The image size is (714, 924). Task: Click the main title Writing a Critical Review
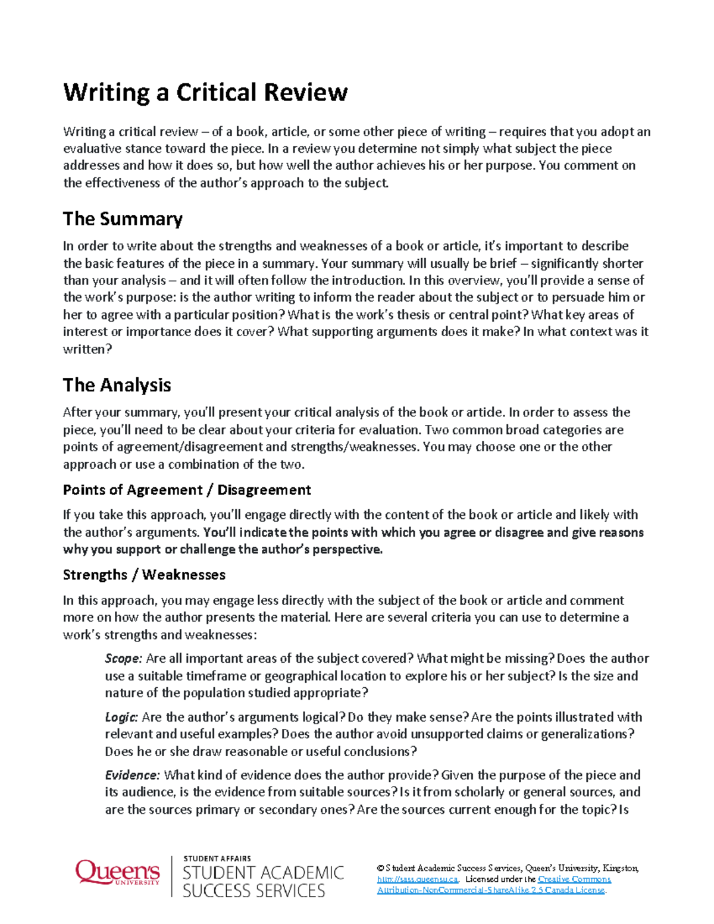[x=205, y=93]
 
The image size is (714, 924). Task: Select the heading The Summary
[x=123, y=219]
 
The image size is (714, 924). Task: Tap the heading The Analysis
[x=117, y=386]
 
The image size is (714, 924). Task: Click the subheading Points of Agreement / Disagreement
[x=187, y=490]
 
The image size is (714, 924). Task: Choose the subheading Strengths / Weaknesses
[x=144, y=575]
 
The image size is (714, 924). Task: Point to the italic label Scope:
[x=123, y=659]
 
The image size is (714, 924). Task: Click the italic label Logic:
[x=121, y=717]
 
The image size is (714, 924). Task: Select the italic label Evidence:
[x=132, y=775]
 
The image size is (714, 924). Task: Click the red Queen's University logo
[x=117, y=873]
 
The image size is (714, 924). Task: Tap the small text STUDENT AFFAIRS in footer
[x=217, y=859]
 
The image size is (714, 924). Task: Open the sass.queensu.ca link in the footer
[x=418, y=879]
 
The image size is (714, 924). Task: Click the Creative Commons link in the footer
[x=574, y=879]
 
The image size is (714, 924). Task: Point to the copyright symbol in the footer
[x=380, y=869]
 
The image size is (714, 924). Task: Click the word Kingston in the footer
[x=620, y=869]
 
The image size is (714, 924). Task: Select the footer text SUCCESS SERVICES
[x=254, y=891]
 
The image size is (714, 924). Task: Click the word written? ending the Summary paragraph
[x=87, y=349]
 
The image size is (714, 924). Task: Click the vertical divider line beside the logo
[x=172, y=876]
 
